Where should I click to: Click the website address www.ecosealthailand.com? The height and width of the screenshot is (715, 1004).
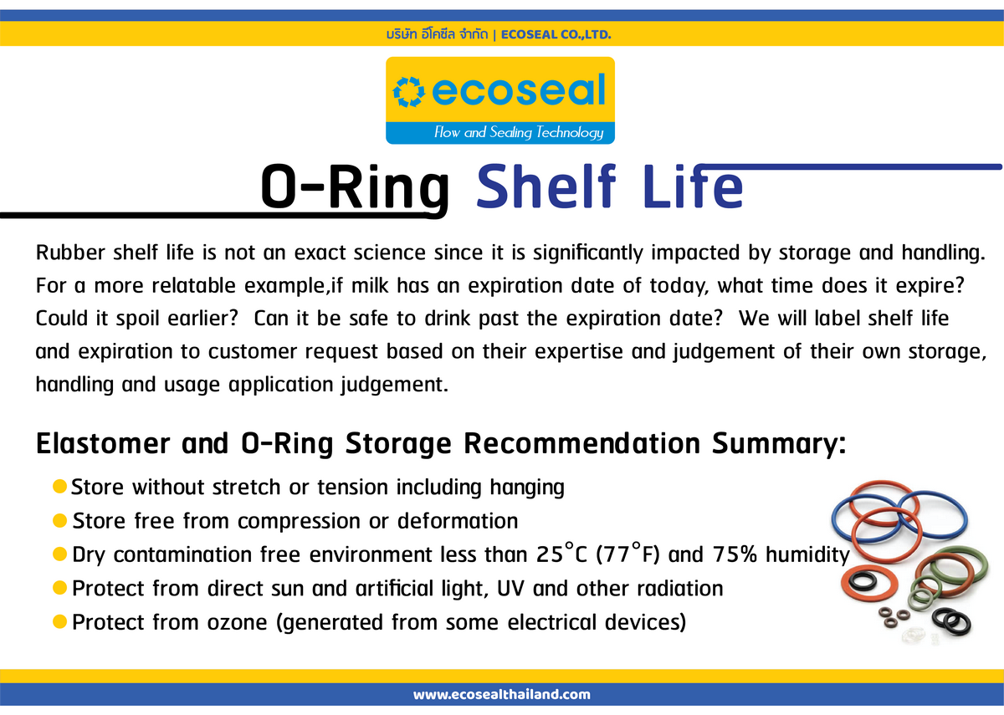(x=501, y=694)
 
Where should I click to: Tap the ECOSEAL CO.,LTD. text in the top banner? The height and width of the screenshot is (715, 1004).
(x=556, y=34)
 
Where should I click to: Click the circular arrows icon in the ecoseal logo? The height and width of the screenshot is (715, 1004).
(x=408, y=92)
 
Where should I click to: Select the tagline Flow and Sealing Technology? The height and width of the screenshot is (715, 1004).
(x=519, y=132)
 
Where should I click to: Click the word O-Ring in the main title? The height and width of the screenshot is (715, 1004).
(x=355, y=186)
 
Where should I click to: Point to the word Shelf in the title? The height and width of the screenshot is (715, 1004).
(x=546, y=186)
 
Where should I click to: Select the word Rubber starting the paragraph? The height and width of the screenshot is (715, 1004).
(x=70, y=253)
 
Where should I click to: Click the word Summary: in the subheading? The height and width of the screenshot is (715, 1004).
(x=779, y=444)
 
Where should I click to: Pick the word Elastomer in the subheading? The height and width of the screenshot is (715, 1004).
(x=103, y=443)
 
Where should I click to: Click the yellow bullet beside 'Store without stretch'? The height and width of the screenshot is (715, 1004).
(x=59, y=487)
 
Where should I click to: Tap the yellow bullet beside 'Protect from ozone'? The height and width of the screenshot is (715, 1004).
(x=59, y=622)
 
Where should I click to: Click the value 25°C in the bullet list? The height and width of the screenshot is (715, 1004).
(x=561, y=553)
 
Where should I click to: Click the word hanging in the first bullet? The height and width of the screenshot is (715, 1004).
(x=527, y=488)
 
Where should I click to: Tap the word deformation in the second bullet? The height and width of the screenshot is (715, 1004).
(x=458, y=521)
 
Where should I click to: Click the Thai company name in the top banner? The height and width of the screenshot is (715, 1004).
(x=437, y=34)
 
